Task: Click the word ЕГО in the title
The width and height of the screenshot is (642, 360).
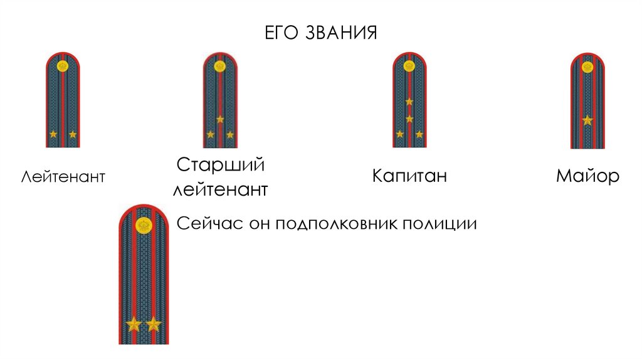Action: [282, 32]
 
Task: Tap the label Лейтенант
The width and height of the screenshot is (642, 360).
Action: [63, 176]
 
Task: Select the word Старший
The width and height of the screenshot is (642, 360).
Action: [220, 166]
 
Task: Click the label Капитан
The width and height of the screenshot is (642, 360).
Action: [409, 175]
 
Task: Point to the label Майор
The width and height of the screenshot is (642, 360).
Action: [587, 176]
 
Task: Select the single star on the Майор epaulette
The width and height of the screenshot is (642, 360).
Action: [587, 120]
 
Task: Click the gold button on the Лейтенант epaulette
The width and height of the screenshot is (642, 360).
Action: [63, 65]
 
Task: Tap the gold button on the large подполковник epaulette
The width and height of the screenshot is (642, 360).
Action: [144, 224]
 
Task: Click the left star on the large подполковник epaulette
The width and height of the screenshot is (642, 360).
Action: [134, 324]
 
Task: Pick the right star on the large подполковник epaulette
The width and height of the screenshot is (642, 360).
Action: [154, 324]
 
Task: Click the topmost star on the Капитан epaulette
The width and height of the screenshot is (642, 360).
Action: [409, 102]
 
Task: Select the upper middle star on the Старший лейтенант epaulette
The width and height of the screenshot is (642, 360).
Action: [220, 119]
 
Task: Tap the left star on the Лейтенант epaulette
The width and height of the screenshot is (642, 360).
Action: [53, 134]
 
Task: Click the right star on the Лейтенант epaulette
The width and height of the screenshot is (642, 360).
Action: [73, 134]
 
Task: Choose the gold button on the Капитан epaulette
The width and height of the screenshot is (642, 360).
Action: [409, 65]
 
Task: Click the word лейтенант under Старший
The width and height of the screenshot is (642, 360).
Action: [220, 189]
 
